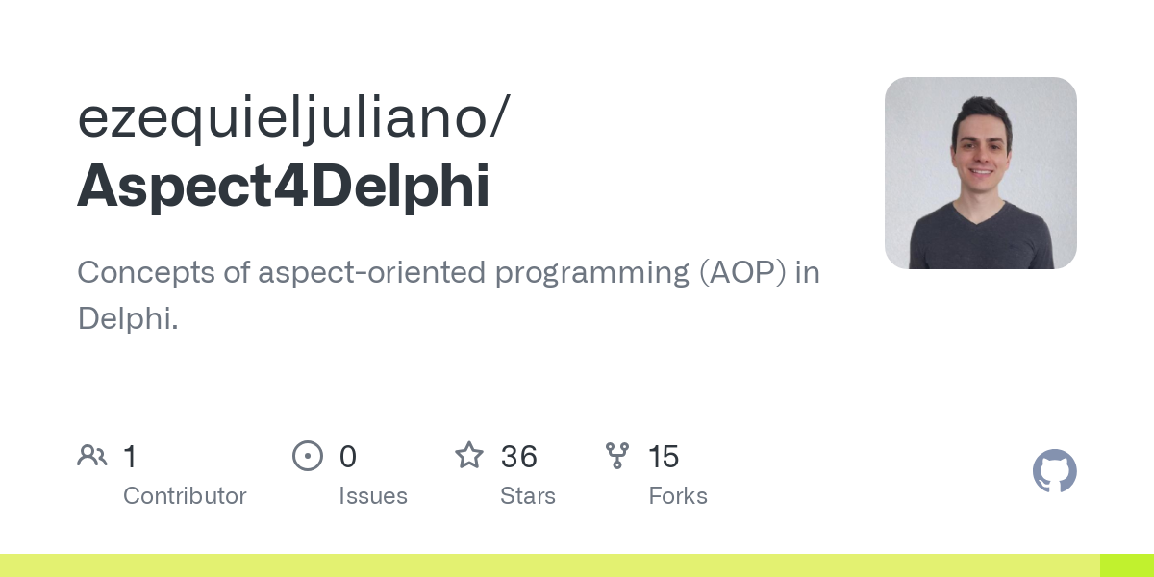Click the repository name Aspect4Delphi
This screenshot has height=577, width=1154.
[x=284, y=186]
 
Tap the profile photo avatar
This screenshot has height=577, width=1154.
[x=980, y=173]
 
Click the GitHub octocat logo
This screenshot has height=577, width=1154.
[x=1054, y=471]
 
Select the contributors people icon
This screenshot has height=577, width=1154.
[x=92, y=456]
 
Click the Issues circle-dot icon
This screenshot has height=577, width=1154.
[x=308, y=456]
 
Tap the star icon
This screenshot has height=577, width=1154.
[x=469, y=456]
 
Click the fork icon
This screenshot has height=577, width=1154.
[x=617, y=456]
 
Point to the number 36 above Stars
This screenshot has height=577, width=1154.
[x=519, y=457]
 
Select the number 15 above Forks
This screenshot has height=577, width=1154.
[x=664, y=457]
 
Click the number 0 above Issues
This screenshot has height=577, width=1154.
[x=348, y=457]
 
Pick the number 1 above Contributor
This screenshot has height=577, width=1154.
[x=130, y=457]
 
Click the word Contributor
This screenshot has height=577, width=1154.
[x=185, y=496]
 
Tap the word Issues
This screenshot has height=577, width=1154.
[x=373, y=496]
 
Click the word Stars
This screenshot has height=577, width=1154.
[x=528, y=496]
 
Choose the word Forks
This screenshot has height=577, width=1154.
[x=678, y=496]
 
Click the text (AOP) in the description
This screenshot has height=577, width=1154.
[x=741, y=273]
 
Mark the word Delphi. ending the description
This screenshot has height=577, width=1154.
[x=128, y=319]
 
